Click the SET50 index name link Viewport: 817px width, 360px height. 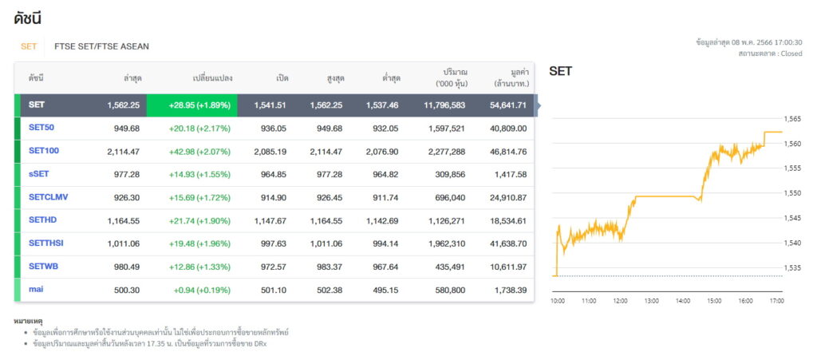point(41,128)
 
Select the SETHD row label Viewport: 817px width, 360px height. point(43,220)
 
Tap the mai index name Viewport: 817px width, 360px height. point(36,289)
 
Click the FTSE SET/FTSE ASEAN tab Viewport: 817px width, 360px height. point(101,46)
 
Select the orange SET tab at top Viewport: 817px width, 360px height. point(29,46)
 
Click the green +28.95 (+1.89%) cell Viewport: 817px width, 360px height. point(191,105)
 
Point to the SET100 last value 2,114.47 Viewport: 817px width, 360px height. point(124,152)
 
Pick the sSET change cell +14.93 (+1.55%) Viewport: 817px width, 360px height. point(199,175)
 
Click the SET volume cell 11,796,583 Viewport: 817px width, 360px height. point(444,105)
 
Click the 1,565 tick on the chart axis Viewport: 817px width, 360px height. point(792,119)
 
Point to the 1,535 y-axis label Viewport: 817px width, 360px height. point(792,267)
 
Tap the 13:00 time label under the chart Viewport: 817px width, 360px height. point(651,301)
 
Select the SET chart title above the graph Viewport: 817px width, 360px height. point(561,72)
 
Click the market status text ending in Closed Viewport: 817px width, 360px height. point(770,53)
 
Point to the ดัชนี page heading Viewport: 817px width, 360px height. point(28,18)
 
